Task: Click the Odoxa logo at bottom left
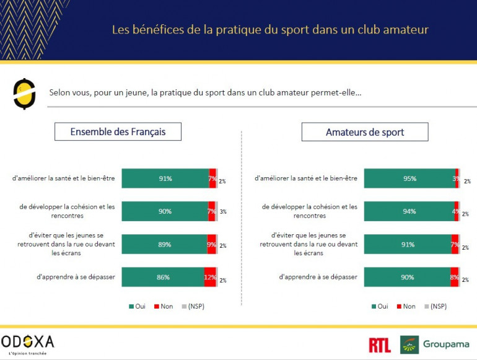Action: click(x=28, y=343)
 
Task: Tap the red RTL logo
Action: click(x=379, y=345)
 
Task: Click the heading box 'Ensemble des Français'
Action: click(x=118, y=131)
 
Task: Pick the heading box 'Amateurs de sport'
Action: click(x=364, y=132)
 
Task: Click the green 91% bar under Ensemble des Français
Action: click(x=165, y=178)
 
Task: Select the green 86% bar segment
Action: click(x=162, y=277)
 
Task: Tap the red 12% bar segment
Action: click(x=210, y=277)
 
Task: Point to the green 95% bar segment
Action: click(x=409, y=178)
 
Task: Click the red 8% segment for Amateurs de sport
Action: click(x=455, y=277)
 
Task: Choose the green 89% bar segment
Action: click(x=164, y=244)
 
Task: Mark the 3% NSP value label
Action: click(x=223, y=212)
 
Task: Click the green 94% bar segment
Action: click(x=408, y=211)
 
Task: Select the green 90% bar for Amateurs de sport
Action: click(x=406, y=277)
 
